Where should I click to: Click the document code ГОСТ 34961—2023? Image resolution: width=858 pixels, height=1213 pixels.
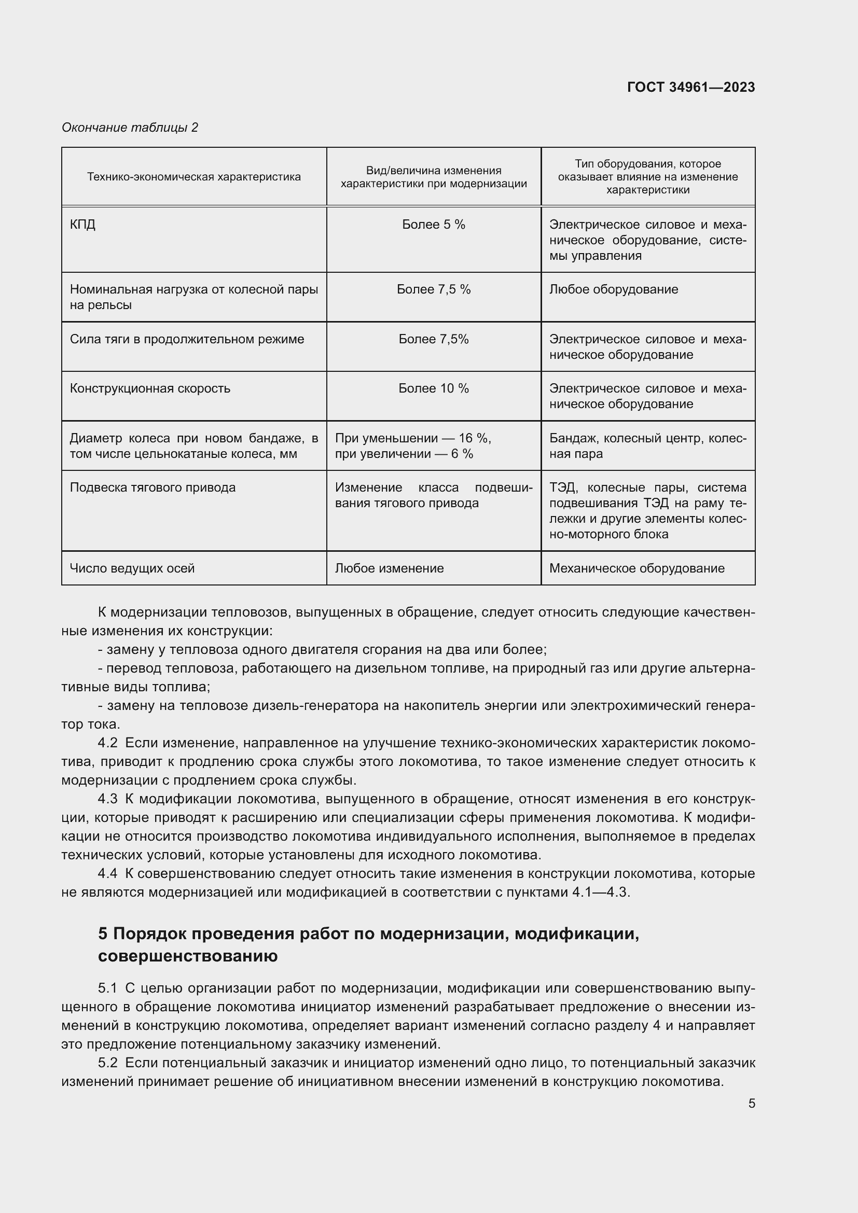[x=690, y=87]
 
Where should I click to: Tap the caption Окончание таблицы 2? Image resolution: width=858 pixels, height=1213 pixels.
[x=130, y=128]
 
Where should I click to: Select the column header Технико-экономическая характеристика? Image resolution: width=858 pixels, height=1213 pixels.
[x=194, y=177]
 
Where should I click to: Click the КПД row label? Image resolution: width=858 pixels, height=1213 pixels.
[x=83, y=225]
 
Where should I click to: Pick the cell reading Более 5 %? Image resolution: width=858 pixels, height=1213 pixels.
[x=433, y=225]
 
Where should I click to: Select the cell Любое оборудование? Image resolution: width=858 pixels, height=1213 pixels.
[x=613, y=289]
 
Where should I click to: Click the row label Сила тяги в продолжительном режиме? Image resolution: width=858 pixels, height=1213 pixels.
[x=187, y=339]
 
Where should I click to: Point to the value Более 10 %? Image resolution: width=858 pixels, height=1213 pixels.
[x=433, y=388]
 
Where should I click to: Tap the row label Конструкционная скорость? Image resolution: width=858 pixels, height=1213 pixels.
[x=150, y=388]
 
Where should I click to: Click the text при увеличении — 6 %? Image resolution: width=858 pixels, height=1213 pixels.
[x=404, y=454]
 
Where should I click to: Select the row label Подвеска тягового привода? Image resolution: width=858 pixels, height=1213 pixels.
[x=153, y=487]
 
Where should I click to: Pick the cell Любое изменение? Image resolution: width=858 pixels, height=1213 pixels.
[x=390, y=568]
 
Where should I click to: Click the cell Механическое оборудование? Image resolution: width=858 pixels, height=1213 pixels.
[x=636, y=568]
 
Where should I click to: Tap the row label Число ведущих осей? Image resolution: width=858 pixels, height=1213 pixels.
[x=132, y=568]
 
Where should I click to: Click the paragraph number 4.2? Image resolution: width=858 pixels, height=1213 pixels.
[x=108, y=743]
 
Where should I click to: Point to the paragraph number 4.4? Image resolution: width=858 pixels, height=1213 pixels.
[x=108, y=873]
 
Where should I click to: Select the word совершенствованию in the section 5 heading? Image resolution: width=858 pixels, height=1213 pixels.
[x=188, y=956]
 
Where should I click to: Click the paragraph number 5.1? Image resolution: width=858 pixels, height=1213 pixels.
[x=108, y=988]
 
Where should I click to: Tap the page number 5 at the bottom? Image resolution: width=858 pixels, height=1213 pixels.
[x=751, y=1103]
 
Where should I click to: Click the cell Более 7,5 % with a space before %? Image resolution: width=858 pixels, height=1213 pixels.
[x=433, y=289]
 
